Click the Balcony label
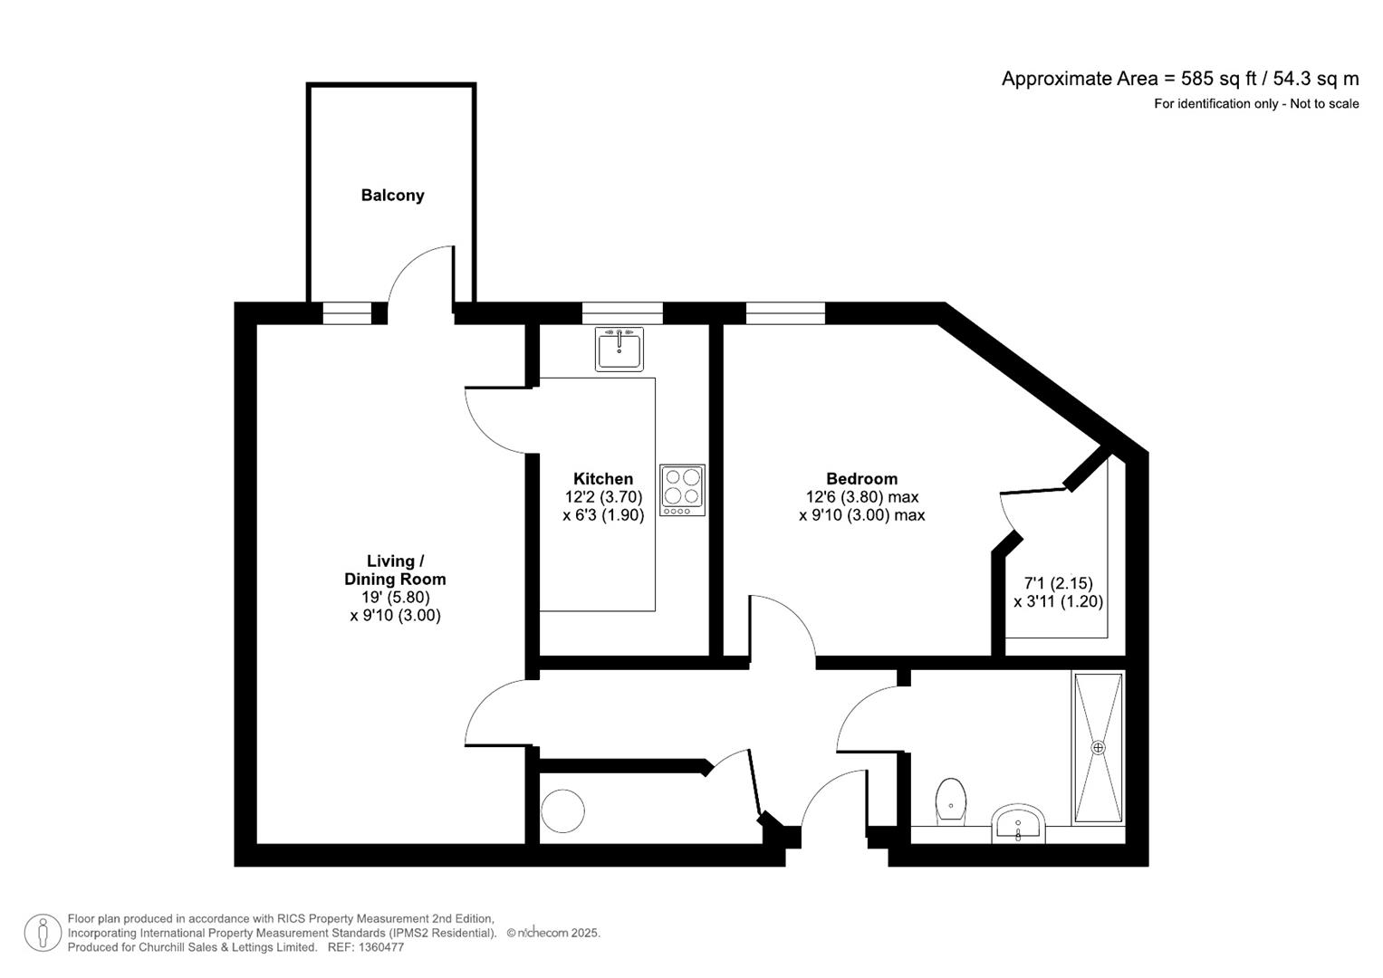(x=393, y=196)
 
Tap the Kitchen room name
(x=603, y=478)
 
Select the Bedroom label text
(x=862, y=478)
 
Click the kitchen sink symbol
(x=619, y=349)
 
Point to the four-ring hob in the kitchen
(x=682, y=490)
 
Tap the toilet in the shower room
(x=951, y=801)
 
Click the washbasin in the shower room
(x=1018, y=823)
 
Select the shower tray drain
(x=1098, y=748)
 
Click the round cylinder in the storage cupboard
(x=562, y=810)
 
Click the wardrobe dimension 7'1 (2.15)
(x=1058, y=583)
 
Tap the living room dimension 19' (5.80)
(x=396, y=597)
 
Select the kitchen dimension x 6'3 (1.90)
(x=603, y=515)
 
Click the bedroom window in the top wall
(x=785, y=313)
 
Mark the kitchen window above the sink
(x=622, y=313)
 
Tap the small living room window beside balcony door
(x=348, y=313)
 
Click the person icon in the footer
(x=43, y=933)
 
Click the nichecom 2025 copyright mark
(x=553, y=933)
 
